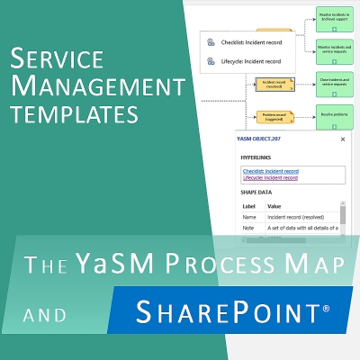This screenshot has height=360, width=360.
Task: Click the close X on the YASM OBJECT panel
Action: [x=342, y=139]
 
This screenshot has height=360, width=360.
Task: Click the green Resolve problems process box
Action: [x=333, y=115]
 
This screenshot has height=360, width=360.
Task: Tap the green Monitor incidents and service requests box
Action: [x=333, y=47]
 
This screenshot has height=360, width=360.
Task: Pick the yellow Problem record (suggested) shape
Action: [x=274, y=116]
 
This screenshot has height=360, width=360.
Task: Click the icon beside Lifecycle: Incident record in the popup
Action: [x=210, y=61]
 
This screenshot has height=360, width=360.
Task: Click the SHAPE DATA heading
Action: [x=261, y=191]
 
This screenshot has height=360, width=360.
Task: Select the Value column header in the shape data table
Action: [x=274, y=205]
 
